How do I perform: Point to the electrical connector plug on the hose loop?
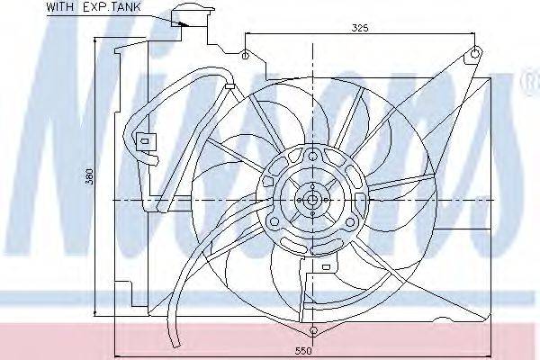point(143,142)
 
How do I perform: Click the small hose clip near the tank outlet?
point(230,85)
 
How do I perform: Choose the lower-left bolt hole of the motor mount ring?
point(273,216)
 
